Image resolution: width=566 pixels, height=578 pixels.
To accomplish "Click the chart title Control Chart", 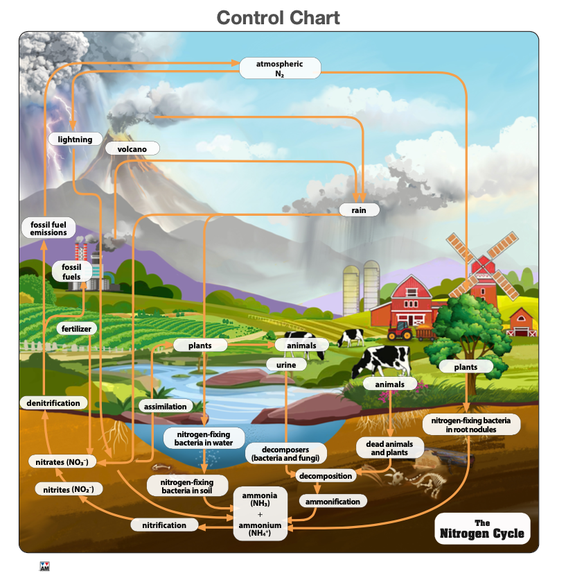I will pos(278,17).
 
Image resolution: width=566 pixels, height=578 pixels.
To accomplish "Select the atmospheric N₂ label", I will pos(280,68).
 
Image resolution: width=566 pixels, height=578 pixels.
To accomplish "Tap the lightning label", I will pos(75,139).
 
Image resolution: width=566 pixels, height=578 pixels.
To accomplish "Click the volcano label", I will pos(132,148).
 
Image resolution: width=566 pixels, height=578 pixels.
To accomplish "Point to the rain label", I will pos(359,210).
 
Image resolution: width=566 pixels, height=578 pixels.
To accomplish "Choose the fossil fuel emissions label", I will pos(48,228).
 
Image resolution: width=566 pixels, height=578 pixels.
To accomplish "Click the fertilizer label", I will pos(76,328).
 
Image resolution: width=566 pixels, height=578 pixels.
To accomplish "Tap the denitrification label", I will pos(53,403).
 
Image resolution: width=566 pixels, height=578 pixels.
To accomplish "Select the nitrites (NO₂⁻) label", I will pos(69,489).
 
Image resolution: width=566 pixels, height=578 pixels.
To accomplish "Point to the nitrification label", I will pos(164,525).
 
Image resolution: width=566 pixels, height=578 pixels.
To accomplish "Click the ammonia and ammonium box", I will pos(260,513).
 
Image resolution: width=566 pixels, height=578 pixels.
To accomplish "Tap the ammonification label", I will pos(333,501).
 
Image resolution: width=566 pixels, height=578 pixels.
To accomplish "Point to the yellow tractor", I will pos(401,330).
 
